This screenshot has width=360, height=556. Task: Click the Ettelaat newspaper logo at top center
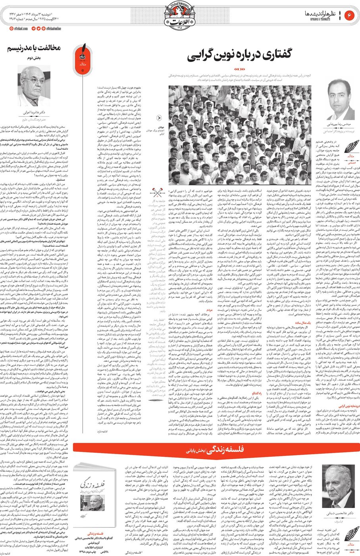(180, 15)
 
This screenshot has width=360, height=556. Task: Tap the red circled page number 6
(349, 15)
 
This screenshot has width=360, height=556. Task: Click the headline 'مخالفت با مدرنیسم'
(34, 48)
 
